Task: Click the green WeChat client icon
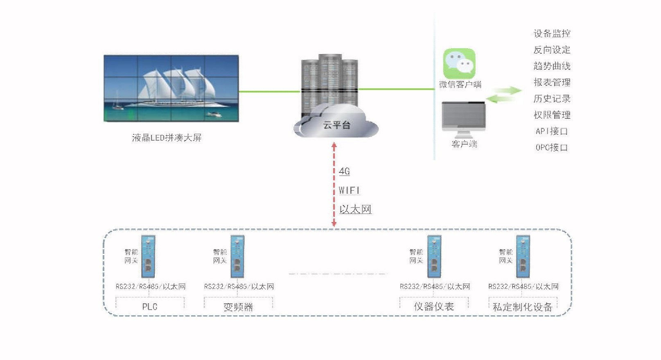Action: pyautogui.click(x=460, y=63)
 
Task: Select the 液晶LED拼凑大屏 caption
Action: pyautogui.click(x=167, y=137)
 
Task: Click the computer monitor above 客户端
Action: pyautogui.click(x=464, y=117)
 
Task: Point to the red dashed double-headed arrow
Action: pyautogui.click(x=334, y=184)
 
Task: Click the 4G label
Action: pyautogui.click(x=344, y=171)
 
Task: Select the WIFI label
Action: pyautogui.click(x=349, y=190)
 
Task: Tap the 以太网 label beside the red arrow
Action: pyautogui.click(x=355, y=209)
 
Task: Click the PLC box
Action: pyautogui.click(x=150, y=306)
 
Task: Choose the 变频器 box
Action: pyautogui.click(x=238, y=306)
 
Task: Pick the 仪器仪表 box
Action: pyautogui.click(x=434, y=306)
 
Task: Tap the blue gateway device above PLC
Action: pyautogui.click(x=148, y=256)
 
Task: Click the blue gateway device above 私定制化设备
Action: pyautogui.click(x=523, y=256)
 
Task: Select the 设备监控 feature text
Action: pyautogui.click(x=552, y=34)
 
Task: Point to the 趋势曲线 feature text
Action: pyautogui.click(x=552, y=66)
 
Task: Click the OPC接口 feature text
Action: pyautogui.click(x=552, y=147)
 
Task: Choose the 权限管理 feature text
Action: pyautogui.click(x=552, y=115)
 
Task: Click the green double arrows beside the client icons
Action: pyautogui.click(x=504, y=94)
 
